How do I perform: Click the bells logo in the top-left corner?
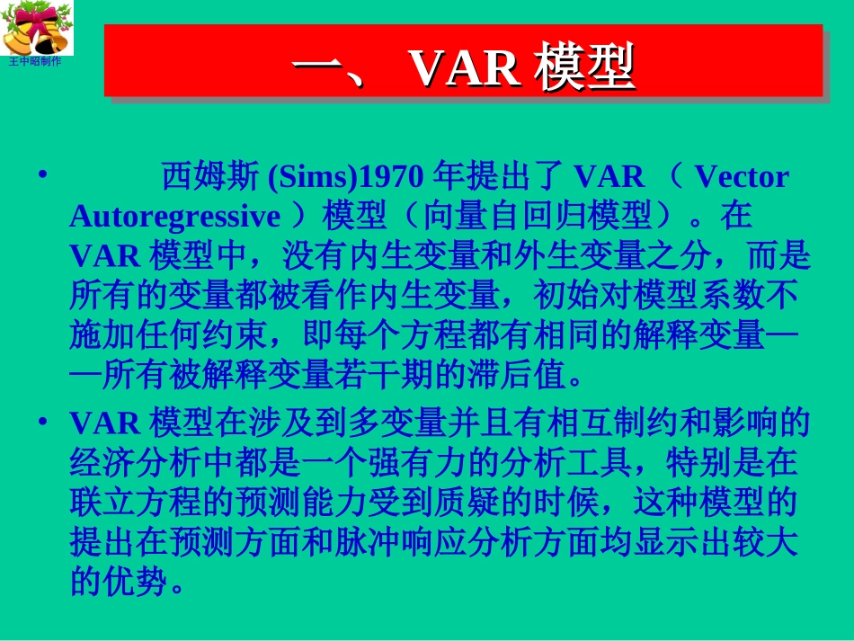tap(36, 28)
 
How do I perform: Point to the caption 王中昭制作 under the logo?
tap(36, 61)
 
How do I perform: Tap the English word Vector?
tap(742, 177)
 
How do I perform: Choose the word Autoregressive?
tap(175, 217)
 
